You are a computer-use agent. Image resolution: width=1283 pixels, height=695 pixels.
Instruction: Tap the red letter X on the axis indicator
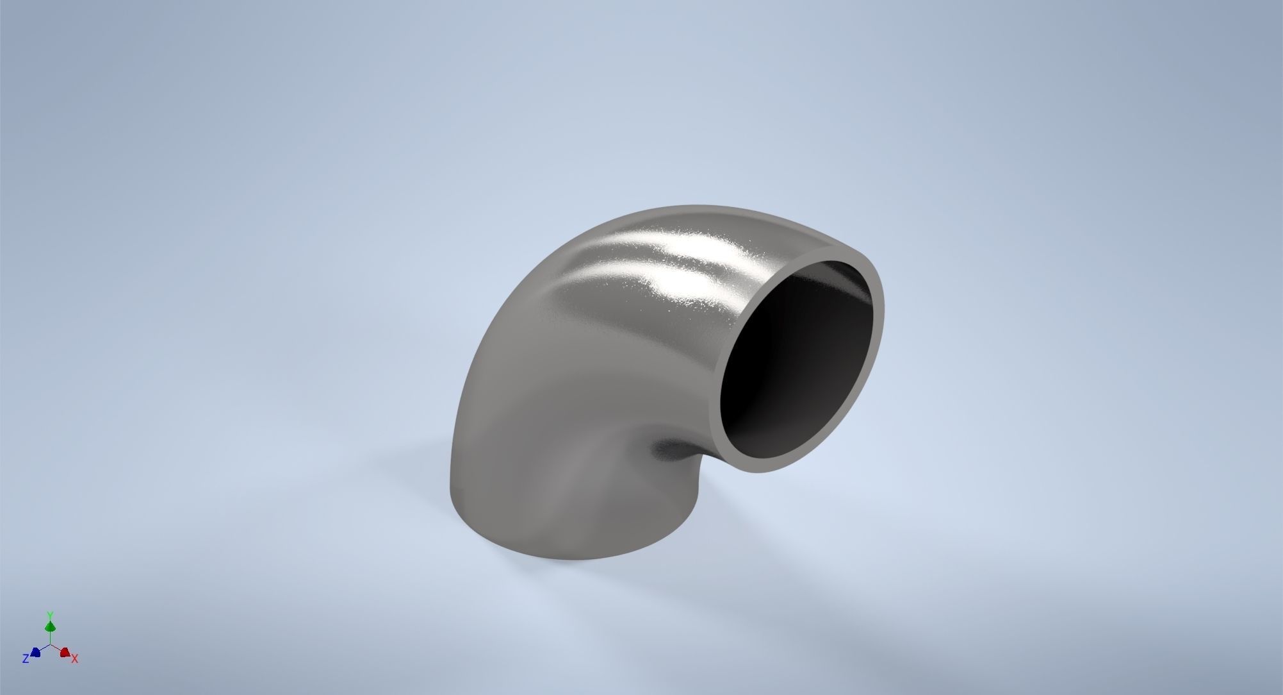[x=75, y=658]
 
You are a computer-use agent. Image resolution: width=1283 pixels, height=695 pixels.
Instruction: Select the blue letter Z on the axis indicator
[x=25, y=658]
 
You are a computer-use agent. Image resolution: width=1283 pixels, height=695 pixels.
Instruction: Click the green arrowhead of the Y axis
[x=50, y=626]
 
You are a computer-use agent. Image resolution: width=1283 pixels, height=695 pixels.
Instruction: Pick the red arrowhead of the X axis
[x=65, y=652]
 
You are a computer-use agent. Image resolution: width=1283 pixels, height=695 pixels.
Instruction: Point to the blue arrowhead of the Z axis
[x=36, y=652]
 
